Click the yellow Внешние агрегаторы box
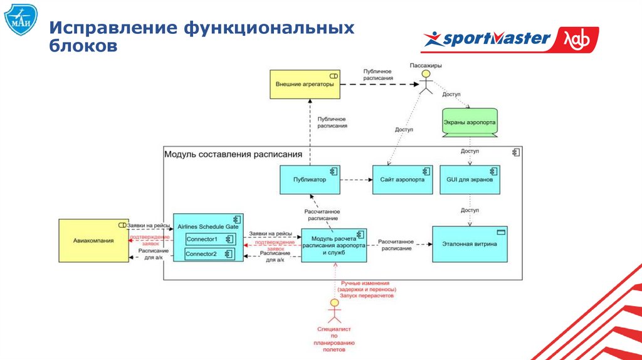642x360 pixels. click(x=305, y=83)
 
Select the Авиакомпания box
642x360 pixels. click(x=93, y=240)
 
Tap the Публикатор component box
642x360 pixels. click(x=310, y=179)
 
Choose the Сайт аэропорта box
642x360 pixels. click(x=402, y=179)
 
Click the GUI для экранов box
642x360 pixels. click(x=470, y=179)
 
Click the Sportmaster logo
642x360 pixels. click(x=509, y=40)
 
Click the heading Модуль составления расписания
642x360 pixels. click(x=233, y=154)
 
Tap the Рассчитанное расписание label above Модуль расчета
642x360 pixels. click(x=322, y=216)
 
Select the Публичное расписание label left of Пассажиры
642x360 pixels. click(x=377, y=75)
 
